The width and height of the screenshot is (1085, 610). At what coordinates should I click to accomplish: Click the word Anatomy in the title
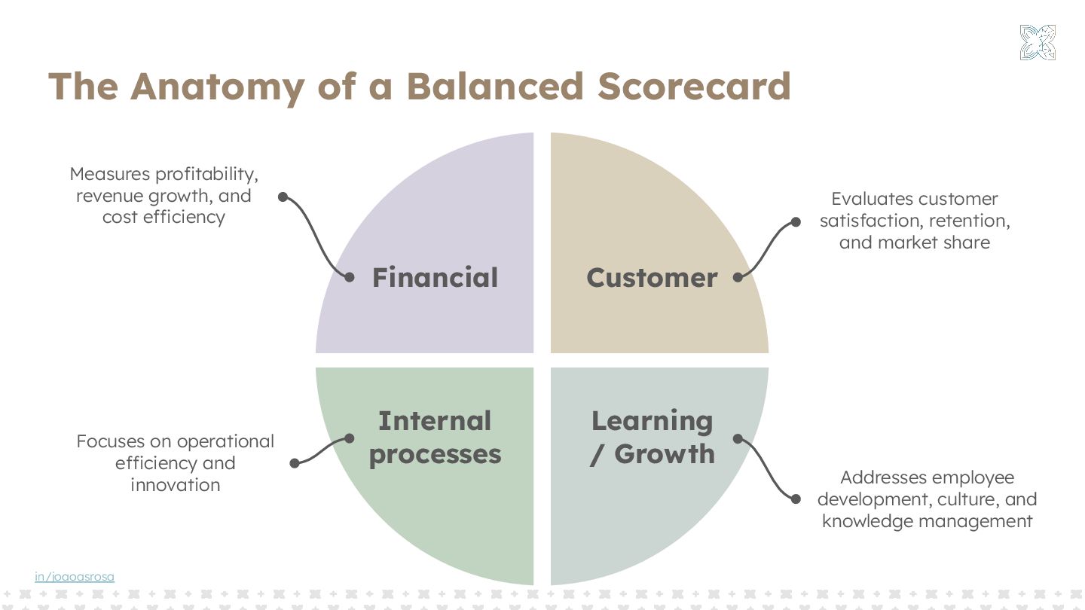217,86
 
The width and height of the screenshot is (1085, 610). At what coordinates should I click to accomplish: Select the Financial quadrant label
435,278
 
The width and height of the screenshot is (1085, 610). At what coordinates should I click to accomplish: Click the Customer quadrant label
652,278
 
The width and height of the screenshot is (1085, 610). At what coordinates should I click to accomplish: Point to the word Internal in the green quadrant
435,420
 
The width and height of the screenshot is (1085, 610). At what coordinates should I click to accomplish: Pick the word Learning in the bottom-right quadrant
652,420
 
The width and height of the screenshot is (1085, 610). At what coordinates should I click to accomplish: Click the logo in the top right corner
1038,42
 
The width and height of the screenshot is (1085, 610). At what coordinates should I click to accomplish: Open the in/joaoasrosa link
75,577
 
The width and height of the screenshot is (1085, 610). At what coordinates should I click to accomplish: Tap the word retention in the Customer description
969,221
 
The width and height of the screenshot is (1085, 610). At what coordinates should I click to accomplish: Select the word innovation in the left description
175,484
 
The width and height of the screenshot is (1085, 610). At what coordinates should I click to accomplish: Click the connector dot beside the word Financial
350,277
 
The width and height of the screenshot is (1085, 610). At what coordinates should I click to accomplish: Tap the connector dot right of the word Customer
738,277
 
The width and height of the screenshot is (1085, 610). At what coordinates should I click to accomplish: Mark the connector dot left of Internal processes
350,438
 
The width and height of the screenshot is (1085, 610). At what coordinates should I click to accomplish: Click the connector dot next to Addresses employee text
795,499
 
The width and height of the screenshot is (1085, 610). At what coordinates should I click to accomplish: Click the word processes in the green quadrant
435,454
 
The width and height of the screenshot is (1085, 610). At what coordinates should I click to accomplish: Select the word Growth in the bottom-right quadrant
665,454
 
